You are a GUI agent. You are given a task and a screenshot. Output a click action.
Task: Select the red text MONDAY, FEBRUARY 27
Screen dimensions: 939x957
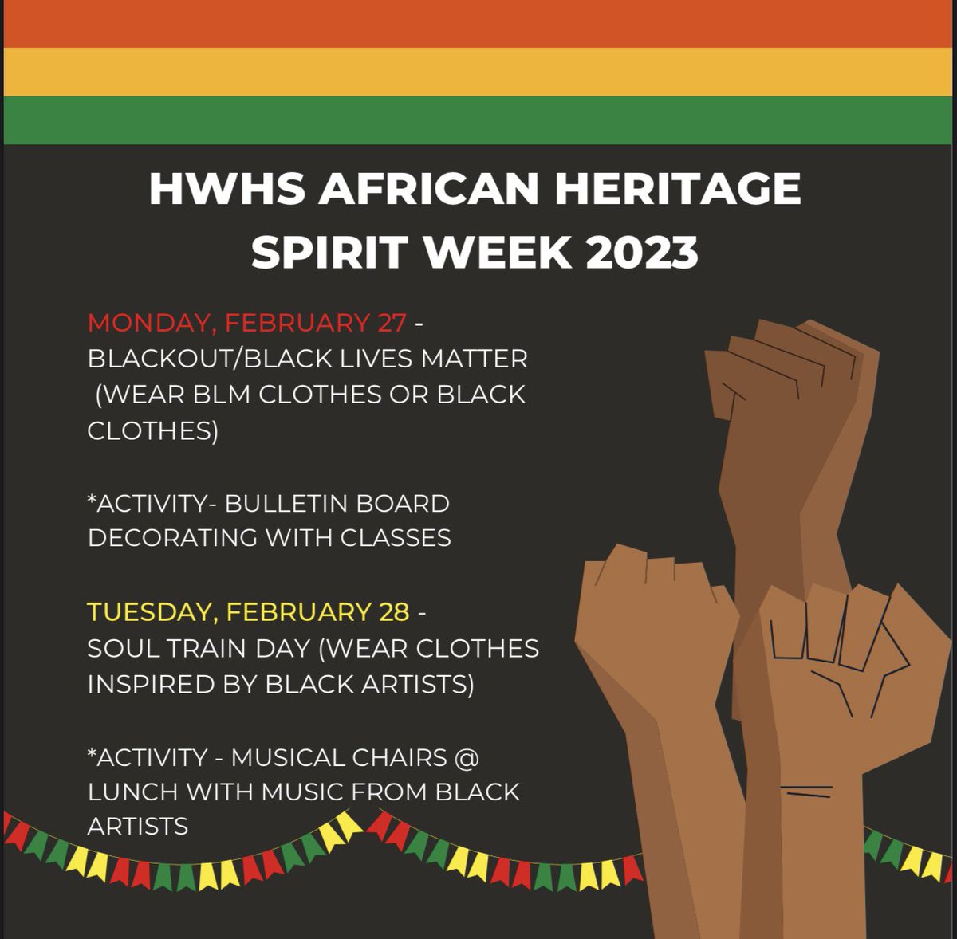[247, 323]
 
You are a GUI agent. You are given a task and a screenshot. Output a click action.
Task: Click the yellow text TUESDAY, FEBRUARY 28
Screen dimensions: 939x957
[248, 612]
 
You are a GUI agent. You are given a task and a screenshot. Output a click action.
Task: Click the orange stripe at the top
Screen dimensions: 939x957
[478, 24]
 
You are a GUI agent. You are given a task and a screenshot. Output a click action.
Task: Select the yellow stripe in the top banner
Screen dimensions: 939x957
[478, 72]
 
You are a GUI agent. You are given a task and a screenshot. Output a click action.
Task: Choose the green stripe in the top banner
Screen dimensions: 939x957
[478, 120]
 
